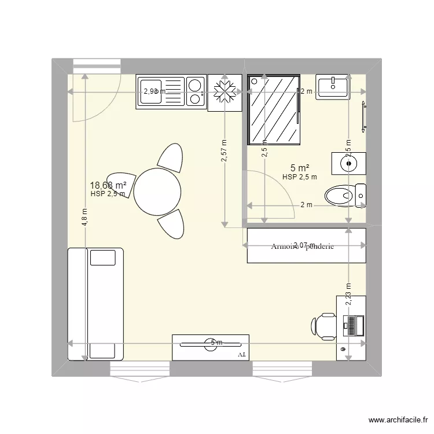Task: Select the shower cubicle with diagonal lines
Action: [x=274, y=110]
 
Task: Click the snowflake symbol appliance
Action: [x=223, y=92]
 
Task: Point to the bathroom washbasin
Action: [x=333, y=87]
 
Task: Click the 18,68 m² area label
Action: [x=108, y=185]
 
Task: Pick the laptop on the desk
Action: [x=352, y=325]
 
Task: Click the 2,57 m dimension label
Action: [x=224, y=152]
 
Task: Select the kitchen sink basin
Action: [x=151, y=92]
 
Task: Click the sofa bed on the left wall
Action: [x=95, y=304]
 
